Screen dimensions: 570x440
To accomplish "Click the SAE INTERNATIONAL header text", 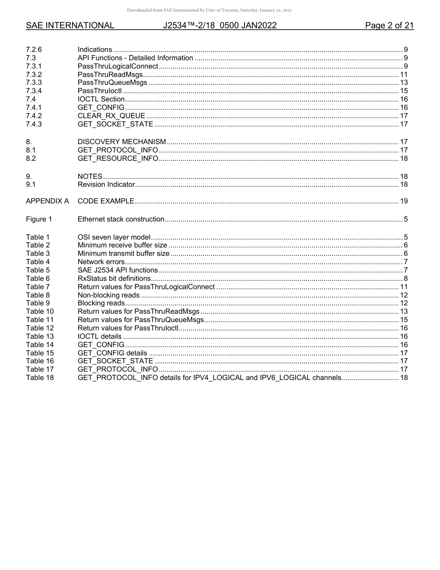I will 70,26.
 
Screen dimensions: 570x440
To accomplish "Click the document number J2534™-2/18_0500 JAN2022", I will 220,26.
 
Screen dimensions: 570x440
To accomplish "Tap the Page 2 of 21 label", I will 389,26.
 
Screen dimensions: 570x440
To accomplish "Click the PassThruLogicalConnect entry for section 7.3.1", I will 118,66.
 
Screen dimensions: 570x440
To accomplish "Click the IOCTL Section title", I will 101,100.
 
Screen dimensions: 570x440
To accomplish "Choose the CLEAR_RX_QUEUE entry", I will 111,116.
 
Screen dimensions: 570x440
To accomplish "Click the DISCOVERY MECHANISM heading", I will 121,142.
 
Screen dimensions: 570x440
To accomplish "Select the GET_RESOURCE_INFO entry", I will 118,158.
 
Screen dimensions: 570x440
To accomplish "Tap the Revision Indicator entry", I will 106,184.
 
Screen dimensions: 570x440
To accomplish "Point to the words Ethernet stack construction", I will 120,219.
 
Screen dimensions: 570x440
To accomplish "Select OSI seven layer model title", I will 113,237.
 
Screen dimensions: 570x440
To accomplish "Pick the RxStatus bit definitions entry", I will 114,279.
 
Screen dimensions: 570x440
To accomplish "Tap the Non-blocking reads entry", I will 108,295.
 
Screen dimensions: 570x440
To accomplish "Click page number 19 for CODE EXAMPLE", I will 403,202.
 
